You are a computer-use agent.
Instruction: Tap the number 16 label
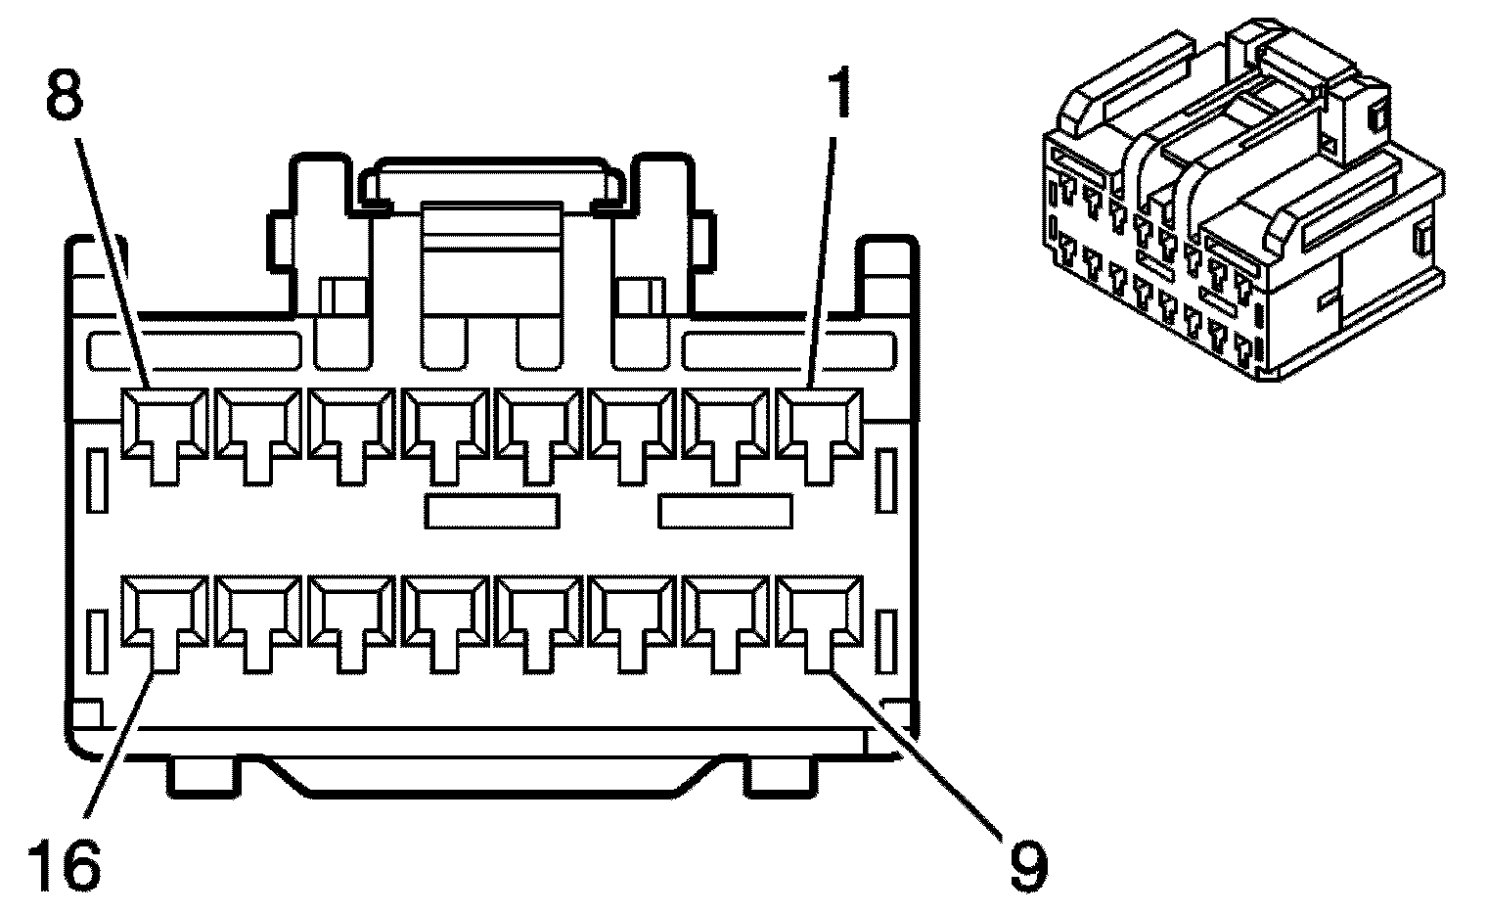tap(65, 862)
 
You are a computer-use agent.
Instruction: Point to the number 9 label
tap(1023, 862)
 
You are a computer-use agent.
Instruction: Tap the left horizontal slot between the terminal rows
tap(493, 511)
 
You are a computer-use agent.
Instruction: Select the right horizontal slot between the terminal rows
tap(726, 511)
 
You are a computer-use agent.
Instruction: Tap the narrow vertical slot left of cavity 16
tap(97, 641)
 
